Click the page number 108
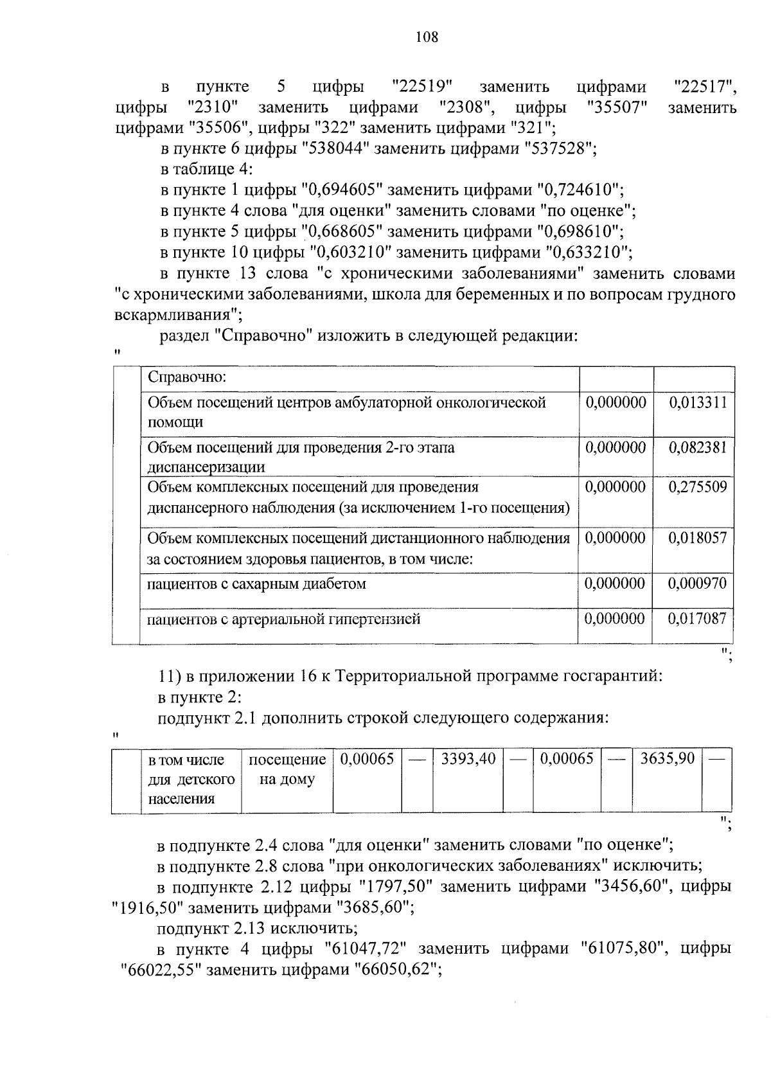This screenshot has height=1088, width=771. coord(426,37)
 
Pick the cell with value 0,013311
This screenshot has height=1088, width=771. coord(697,403)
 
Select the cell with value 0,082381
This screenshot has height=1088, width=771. coord(697,447)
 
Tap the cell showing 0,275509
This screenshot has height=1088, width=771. coord(697,487)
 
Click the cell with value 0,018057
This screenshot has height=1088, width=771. coord(697,538)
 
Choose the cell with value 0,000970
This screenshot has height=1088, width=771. coord(697,584)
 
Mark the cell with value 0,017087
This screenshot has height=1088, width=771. coord(697,619)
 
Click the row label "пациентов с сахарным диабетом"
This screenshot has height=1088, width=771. coord(257,584)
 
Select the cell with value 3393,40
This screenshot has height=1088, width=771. coord(468,759)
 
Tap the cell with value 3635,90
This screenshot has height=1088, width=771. coord(668,759)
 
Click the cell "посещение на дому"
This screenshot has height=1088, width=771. coord(287,769)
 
